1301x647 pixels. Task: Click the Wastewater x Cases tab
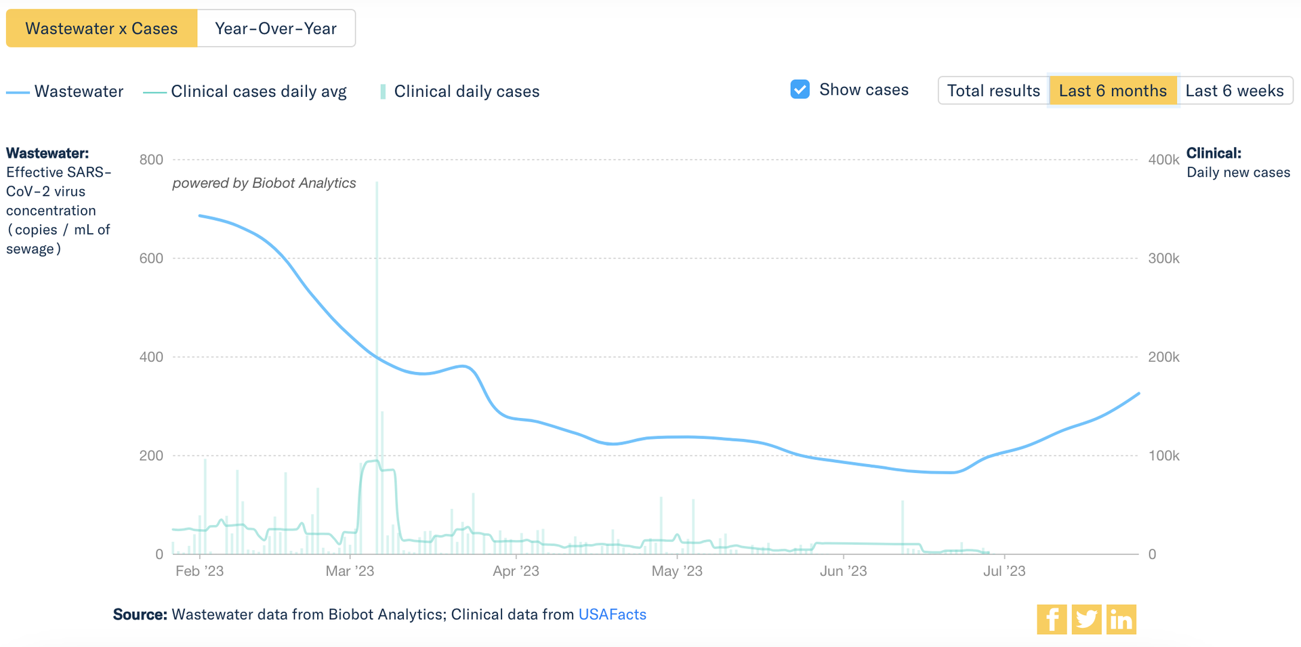102,28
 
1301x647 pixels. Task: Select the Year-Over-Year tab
276,28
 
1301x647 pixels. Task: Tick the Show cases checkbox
800,89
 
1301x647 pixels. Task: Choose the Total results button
993,91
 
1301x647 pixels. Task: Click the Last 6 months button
1113,91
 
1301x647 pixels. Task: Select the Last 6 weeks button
1235,91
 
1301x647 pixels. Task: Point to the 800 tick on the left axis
151,160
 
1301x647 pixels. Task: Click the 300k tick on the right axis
1163,258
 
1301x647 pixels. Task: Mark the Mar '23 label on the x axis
350,571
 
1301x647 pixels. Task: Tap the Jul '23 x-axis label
1004,571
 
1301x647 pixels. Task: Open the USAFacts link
612,614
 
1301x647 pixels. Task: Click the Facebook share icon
1052,619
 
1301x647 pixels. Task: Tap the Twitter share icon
1086,619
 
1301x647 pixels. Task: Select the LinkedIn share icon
1121,619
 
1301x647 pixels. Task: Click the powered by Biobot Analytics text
264,183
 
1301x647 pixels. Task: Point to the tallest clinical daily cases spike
377,271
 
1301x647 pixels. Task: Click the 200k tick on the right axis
1163,357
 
